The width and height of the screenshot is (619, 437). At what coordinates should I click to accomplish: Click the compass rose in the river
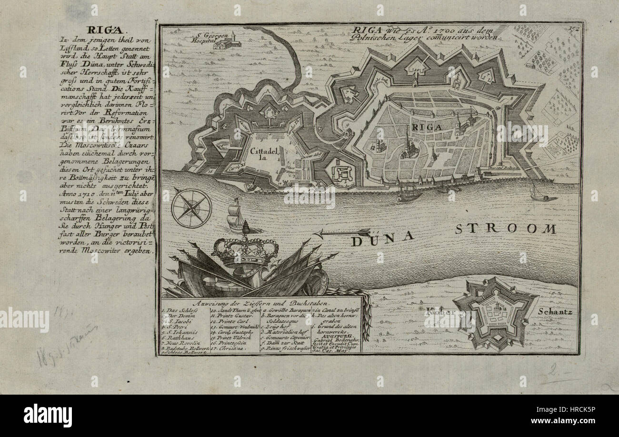(191, 208)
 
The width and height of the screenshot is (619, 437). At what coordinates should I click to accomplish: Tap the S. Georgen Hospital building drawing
(227, 43)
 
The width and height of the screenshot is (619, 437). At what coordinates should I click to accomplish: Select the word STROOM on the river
(505, 228)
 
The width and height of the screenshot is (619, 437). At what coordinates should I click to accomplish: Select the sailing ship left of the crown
(236, 217)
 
